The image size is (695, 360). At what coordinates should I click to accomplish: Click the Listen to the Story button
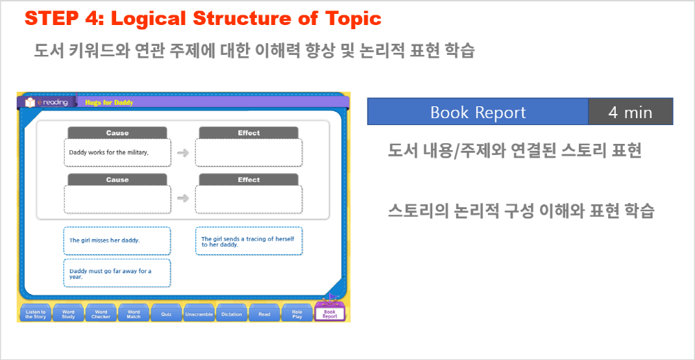[35, 313]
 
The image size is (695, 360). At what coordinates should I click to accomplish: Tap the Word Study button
[68, 313]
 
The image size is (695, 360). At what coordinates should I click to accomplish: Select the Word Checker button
[101, 313]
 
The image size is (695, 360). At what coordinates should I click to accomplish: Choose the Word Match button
[133, 313]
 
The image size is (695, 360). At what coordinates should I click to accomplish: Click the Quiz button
[166, 313]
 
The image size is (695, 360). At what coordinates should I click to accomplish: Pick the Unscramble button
[199, 313]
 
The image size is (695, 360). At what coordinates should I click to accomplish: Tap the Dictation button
[232, 313]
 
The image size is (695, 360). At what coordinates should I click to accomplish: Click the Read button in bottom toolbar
[264, 313]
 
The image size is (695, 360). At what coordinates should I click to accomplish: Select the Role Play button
[297, 313]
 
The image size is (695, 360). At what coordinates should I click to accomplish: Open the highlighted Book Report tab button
[329, 313]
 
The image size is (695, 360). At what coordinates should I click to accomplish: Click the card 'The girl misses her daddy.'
[117, 240]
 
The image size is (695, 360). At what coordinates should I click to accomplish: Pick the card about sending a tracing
[249, 240]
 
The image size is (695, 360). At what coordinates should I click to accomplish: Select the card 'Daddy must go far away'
[117, 273]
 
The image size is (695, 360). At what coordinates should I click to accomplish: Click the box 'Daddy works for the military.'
[117, 152]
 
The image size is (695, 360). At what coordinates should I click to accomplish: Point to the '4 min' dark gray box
[630, 112]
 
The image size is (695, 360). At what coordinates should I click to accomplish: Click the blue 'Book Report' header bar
[478, 112]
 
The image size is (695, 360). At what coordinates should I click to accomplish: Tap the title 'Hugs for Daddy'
[109, 103]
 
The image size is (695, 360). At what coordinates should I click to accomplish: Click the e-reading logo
[47, 102]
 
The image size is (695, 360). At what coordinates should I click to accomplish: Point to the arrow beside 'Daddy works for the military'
[183, 153]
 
